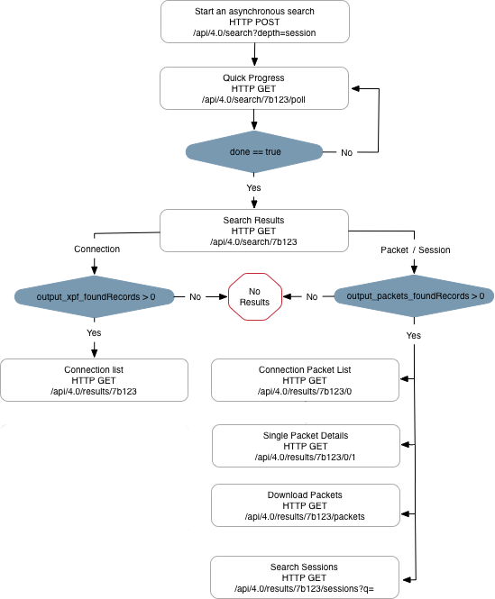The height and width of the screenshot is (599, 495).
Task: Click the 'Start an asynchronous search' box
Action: [255, 22]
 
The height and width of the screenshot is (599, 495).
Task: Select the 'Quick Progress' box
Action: [254, 88]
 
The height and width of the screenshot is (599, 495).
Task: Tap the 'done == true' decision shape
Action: [254, 151]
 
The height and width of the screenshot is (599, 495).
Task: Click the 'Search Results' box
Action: [254, 231]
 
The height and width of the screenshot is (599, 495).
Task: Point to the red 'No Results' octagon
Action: [255, 296]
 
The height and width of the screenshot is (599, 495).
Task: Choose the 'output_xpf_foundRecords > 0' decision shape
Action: [94, 297]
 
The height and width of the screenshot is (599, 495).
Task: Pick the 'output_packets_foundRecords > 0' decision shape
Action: [414, 296]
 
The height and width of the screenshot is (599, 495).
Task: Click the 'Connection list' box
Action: [94, 380]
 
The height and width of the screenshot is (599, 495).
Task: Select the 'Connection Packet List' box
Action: [305, 380]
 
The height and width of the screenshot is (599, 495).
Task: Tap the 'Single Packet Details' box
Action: [306, 446]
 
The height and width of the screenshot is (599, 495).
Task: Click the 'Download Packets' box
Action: [306, 505]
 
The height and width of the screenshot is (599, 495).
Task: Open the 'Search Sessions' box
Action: [305, 577]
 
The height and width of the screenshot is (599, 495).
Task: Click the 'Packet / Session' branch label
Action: [415, 250]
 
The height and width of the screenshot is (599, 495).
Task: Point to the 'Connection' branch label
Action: [96, 250]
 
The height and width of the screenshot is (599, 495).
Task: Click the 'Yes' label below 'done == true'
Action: [253, 187]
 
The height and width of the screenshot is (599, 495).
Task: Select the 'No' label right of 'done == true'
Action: [346, 152]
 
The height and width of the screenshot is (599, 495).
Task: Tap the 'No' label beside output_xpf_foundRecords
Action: [195, 297]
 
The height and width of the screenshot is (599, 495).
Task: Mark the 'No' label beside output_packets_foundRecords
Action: [312, 297]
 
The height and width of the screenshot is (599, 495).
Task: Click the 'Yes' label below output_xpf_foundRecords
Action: [94, 332]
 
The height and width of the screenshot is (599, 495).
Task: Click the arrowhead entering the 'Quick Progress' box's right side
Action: [356, 88]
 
